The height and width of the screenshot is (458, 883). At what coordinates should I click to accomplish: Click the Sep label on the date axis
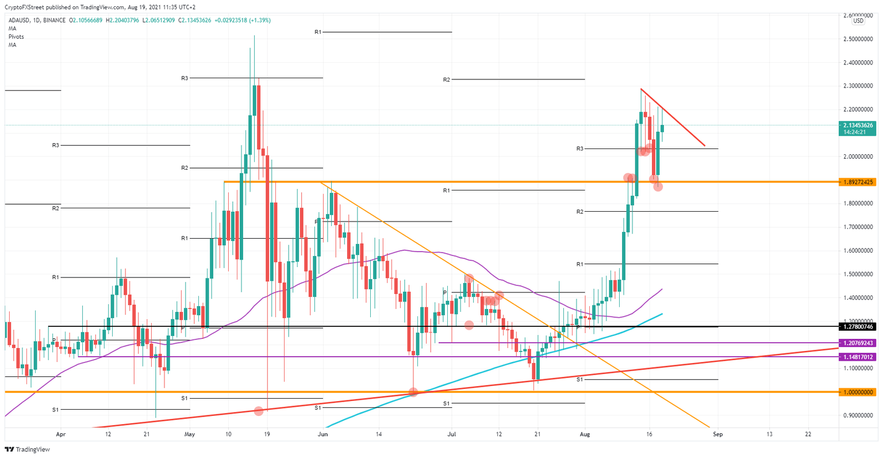717,434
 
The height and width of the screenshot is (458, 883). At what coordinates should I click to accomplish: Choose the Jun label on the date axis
323,434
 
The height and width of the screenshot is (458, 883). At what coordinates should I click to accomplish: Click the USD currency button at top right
858,21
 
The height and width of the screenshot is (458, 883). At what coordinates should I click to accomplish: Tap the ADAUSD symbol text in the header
20,20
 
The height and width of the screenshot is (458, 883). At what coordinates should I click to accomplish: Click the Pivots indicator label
16,36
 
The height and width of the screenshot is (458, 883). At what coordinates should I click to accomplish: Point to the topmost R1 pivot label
317,32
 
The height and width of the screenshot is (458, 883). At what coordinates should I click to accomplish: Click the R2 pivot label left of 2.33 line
446,79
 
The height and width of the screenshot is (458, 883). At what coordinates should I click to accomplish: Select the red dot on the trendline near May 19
259,411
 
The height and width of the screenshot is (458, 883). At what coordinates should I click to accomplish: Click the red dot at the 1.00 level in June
413,392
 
